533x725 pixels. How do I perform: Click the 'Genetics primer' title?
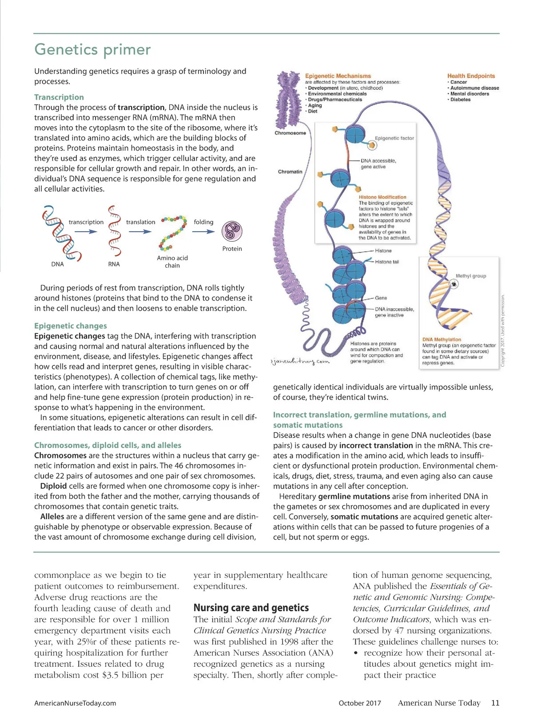click(92, 49)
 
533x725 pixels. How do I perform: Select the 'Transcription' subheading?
click(59, 97)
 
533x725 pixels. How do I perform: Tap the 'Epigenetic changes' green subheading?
click(71, 326)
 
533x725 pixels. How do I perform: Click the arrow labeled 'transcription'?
click(87, 232)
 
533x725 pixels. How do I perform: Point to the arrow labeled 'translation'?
click(140, 232)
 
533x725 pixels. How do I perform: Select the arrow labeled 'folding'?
click(203, 231)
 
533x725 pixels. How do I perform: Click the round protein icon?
click(232, 231)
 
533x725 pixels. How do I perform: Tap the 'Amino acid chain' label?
click(172, 261)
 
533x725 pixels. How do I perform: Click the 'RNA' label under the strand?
click(114, 264)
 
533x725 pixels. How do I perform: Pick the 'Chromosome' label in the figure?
click(290, 133)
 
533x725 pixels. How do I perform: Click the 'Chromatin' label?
click(290, 172)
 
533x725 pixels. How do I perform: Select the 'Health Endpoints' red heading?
click(471, 76)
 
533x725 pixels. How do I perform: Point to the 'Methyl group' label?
click(471, 276)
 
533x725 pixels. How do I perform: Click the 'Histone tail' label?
click(387, 262)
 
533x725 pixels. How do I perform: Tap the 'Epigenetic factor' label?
click(394, 138)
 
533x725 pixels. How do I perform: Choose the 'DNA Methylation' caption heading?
click(442, 340)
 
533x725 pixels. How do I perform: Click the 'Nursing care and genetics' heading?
click(251, 608)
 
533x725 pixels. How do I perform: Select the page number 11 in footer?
click(495, 703)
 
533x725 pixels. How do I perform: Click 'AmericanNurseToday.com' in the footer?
click(75, 703)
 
